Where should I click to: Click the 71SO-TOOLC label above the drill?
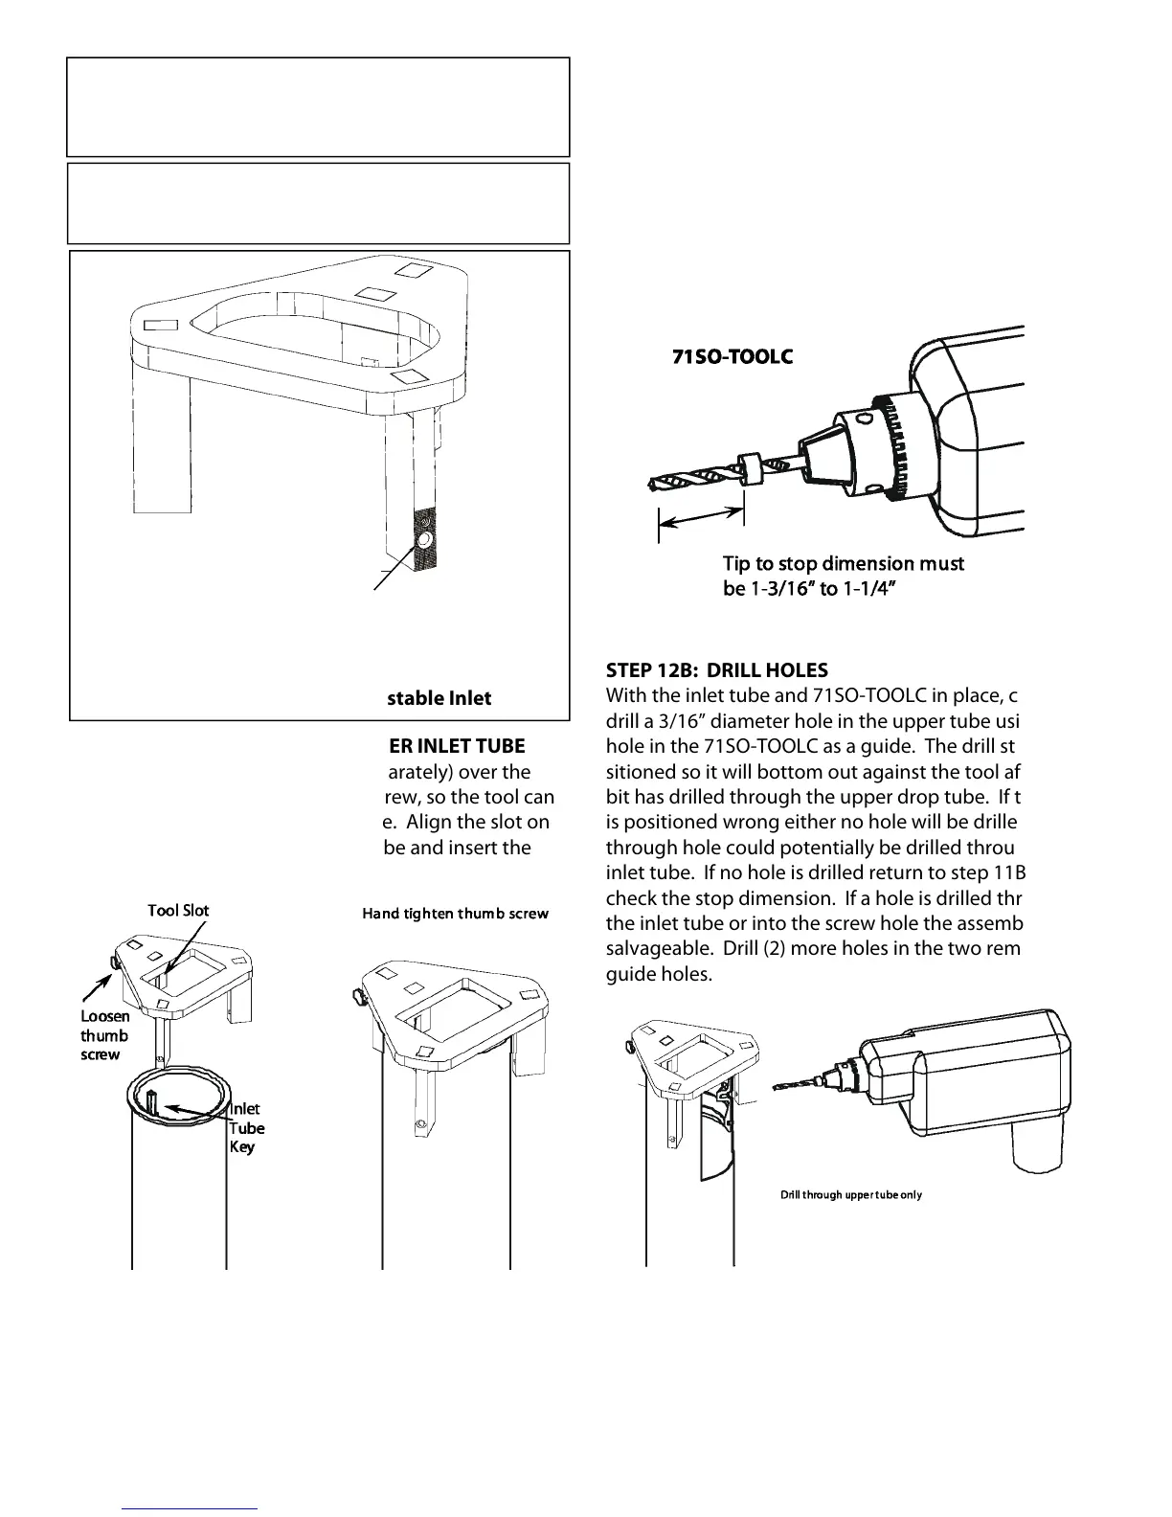732,356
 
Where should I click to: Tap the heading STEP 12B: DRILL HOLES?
717,670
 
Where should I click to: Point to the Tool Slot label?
178,910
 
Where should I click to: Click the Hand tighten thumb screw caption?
455,914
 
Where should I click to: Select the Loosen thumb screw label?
103,1035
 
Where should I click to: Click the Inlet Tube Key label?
246,1128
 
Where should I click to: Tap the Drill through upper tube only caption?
851,1194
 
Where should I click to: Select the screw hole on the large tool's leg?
422,543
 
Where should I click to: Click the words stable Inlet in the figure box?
439,698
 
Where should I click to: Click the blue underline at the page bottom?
191,1508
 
